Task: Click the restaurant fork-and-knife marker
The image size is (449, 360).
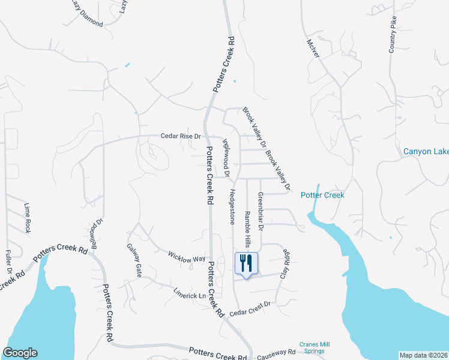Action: tap(246, 263)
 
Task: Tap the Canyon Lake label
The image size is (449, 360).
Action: tap(426, 151)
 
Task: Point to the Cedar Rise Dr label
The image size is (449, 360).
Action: tap(180, 136)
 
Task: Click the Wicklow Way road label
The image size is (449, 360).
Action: tap(187, 256)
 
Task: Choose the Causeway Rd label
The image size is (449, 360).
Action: tap(276, 352)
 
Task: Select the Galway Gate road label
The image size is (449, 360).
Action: tap(134, 260)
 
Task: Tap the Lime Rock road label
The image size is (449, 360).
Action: tap(27, 218)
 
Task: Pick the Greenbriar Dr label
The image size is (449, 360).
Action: tap(261, 211)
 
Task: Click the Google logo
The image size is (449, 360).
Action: tap(20, 353)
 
